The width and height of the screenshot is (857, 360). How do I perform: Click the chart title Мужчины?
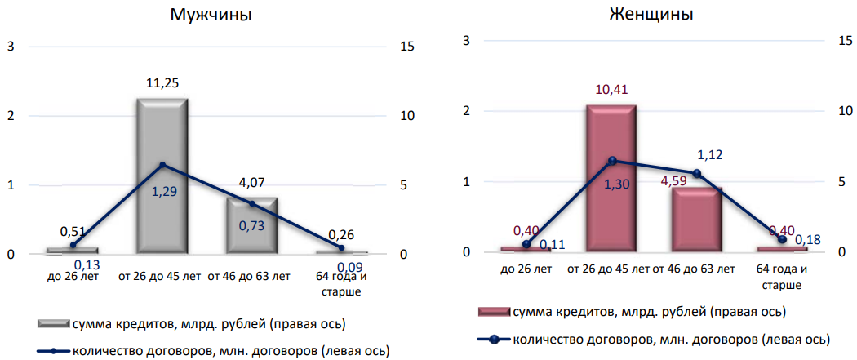click(211, 15)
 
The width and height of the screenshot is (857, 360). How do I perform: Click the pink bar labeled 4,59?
click(698, 220)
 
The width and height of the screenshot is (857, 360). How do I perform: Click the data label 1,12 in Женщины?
click(710, 154)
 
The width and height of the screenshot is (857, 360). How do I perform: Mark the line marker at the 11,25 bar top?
click(162, 165)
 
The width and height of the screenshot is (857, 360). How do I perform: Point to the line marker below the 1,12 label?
click(696, 173)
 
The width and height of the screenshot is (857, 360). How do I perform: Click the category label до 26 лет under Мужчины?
click(73, 276)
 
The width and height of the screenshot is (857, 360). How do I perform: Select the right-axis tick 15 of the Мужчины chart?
click(406, 46)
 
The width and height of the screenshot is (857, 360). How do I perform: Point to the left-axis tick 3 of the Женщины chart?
click(466, 40)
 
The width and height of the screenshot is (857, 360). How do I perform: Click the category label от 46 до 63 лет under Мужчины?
click(249, 276)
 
